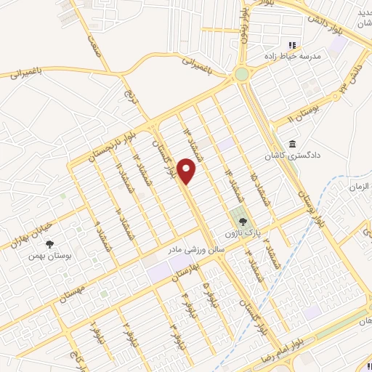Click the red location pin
(x=187, y=171)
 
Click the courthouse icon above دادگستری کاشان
(x=292, y=144)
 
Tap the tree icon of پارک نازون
(x=243, y=221)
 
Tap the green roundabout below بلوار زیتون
(x=241, y=74)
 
